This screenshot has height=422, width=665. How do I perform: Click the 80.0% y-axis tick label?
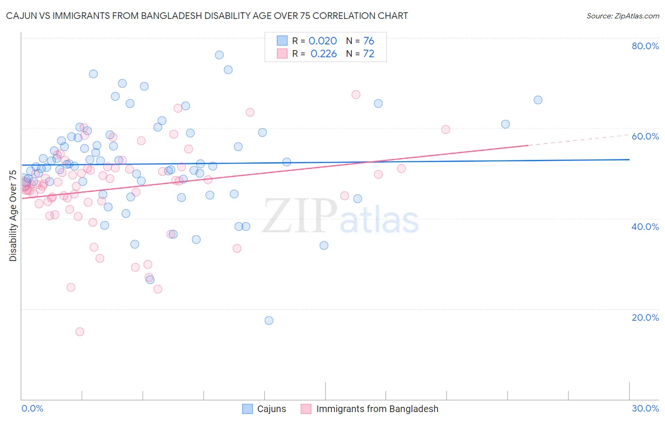[x=645, y=46]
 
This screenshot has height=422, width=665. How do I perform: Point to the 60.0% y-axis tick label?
[x=645, y=136]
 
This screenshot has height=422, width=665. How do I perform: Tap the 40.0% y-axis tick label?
[x=645, y=227]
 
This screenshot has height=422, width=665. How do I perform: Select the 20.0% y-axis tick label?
[x=645, y=317]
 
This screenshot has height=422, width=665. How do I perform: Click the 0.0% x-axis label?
[x=32, y=408]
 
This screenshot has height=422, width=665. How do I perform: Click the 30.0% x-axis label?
[x=645, y=408]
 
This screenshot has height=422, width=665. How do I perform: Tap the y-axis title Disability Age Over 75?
[x=13, y=216]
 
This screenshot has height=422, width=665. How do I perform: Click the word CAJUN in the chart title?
[x=22, y=16]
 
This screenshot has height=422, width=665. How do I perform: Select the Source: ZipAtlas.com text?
[x=622, y=16]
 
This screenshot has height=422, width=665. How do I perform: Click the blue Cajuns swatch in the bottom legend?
[x=247, y=409]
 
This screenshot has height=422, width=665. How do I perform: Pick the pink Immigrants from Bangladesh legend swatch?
[x=306, y=409]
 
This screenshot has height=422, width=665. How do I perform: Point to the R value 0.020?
[x=323, y=41]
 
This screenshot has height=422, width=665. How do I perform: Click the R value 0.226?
[x=324, y=53]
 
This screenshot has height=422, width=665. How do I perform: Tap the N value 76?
[x=368, y=41]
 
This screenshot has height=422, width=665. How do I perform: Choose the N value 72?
[x=368, y=53]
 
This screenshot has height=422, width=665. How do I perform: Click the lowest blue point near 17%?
[x=269, y=320]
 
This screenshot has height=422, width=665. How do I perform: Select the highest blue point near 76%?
[x=219, y=55]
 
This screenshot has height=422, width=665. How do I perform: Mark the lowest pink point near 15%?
[x=80, y=332]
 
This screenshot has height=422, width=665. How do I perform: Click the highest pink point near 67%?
[x=356, y=95]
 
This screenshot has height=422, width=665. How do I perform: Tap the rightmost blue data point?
[x=538, y=100]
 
